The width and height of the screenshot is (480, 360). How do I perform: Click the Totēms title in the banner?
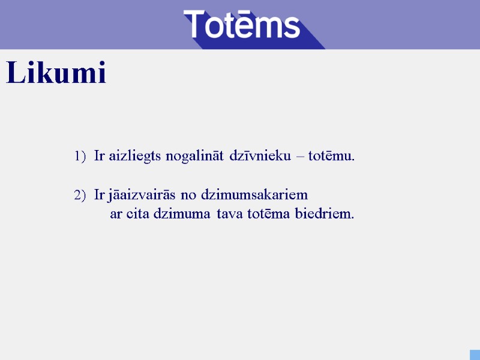click(x=241, y=25)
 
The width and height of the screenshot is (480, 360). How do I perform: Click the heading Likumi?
click(x=56, y=74)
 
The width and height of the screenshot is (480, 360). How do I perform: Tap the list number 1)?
click(x=80, y=157)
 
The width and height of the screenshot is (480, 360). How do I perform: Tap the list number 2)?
click(x=80, y=196)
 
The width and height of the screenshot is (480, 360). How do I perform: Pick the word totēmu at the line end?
click(x=331, y=157)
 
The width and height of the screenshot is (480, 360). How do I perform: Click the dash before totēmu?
click(x=301, y=157)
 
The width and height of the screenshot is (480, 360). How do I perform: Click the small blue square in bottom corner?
click(x=475, y=355)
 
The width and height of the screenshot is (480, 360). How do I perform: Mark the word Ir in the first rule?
click(x=100, y=157)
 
